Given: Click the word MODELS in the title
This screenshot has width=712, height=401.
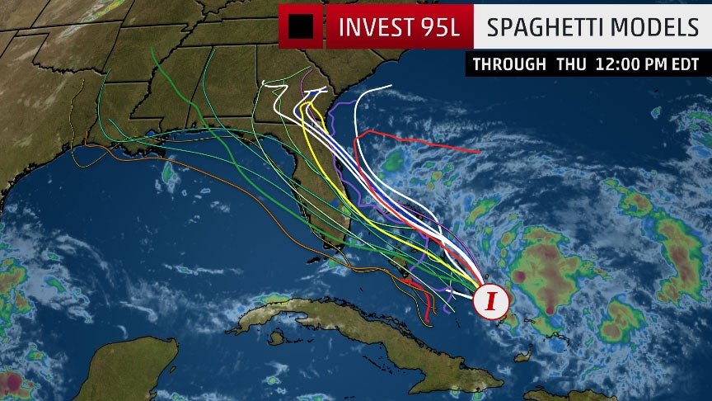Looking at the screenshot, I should pos(653,27).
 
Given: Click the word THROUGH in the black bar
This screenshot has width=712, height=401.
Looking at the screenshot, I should pos(508,64).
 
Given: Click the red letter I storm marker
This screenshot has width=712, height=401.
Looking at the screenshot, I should pos(492,301).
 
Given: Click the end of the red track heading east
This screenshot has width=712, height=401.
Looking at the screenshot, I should pos(480,152).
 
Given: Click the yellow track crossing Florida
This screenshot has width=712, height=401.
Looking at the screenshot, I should pos(330,165).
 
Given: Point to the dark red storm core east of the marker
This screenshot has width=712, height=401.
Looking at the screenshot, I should pos(522,277).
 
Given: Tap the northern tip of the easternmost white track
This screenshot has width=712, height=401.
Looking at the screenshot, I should pos(390,87).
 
